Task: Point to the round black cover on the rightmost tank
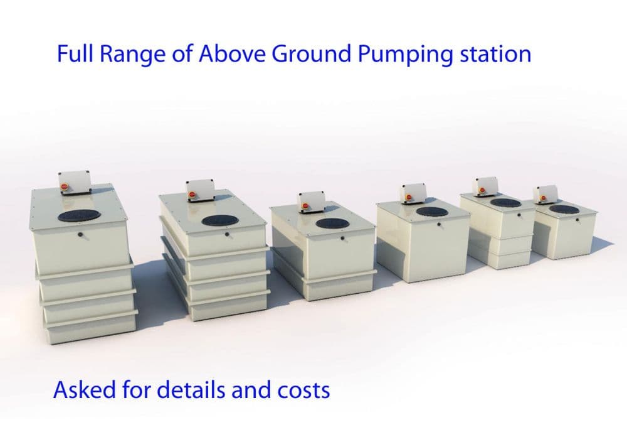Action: click(562, 209)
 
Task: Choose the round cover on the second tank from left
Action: click(219, 220)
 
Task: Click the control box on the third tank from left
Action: click(312, 202)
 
